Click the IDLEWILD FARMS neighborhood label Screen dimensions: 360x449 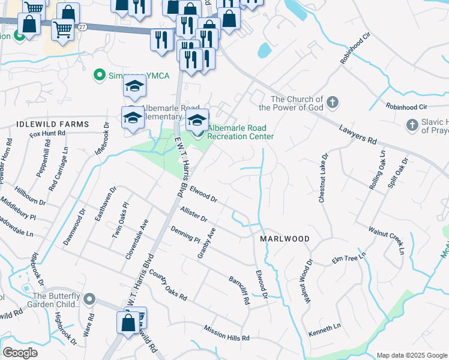tap(44, 124)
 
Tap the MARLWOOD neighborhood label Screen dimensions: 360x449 tap(285, 239)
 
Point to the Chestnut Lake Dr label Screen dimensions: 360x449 tap(323, 178)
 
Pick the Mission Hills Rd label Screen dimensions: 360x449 tap(226, 334)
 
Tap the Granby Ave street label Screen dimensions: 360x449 tap(206, 243)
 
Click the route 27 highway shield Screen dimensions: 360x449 tap(82, 27)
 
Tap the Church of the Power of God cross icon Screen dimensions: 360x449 tap(334, 103)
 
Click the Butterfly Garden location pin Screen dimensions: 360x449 tap(89, 299)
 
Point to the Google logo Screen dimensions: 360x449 tap(20, 353)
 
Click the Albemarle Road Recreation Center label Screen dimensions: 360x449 tap(240, 132)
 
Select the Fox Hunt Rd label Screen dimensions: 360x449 tap(47, 134)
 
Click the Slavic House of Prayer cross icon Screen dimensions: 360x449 tap(412, 125)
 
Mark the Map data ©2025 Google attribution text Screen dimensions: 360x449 tap(412, 355)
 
